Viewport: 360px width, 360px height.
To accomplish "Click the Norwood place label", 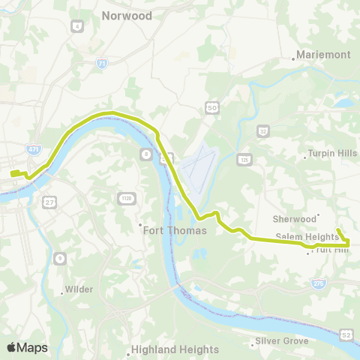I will point(127,16).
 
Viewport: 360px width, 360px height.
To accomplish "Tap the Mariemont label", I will point(322,55).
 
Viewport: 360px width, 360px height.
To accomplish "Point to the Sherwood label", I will point(294,219).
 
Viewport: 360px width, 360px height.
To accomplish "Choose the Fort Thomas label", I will point(175,230).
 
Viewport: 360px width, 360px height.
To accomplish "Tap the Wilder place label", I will point(78,287).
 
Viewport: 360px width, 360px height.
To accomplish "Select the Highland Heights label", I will point(175,349).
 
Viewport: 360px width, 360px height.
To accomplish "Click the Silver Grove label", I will point(282,341).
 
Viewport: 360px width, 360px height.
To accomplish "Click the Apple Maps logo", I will point(27,347).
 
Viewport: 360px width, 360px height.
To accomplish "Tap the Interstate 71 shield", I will point(101,64).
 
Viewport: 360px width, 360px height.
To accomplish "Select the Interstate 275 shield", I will point(318,283).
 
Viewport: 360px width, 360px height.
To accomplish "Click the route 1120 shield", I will point(127,198).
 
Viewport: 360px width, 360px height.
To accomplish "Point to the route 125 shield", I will point(244,159).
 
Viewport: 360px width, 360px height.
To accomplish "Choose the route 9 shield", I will point(58,258).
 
